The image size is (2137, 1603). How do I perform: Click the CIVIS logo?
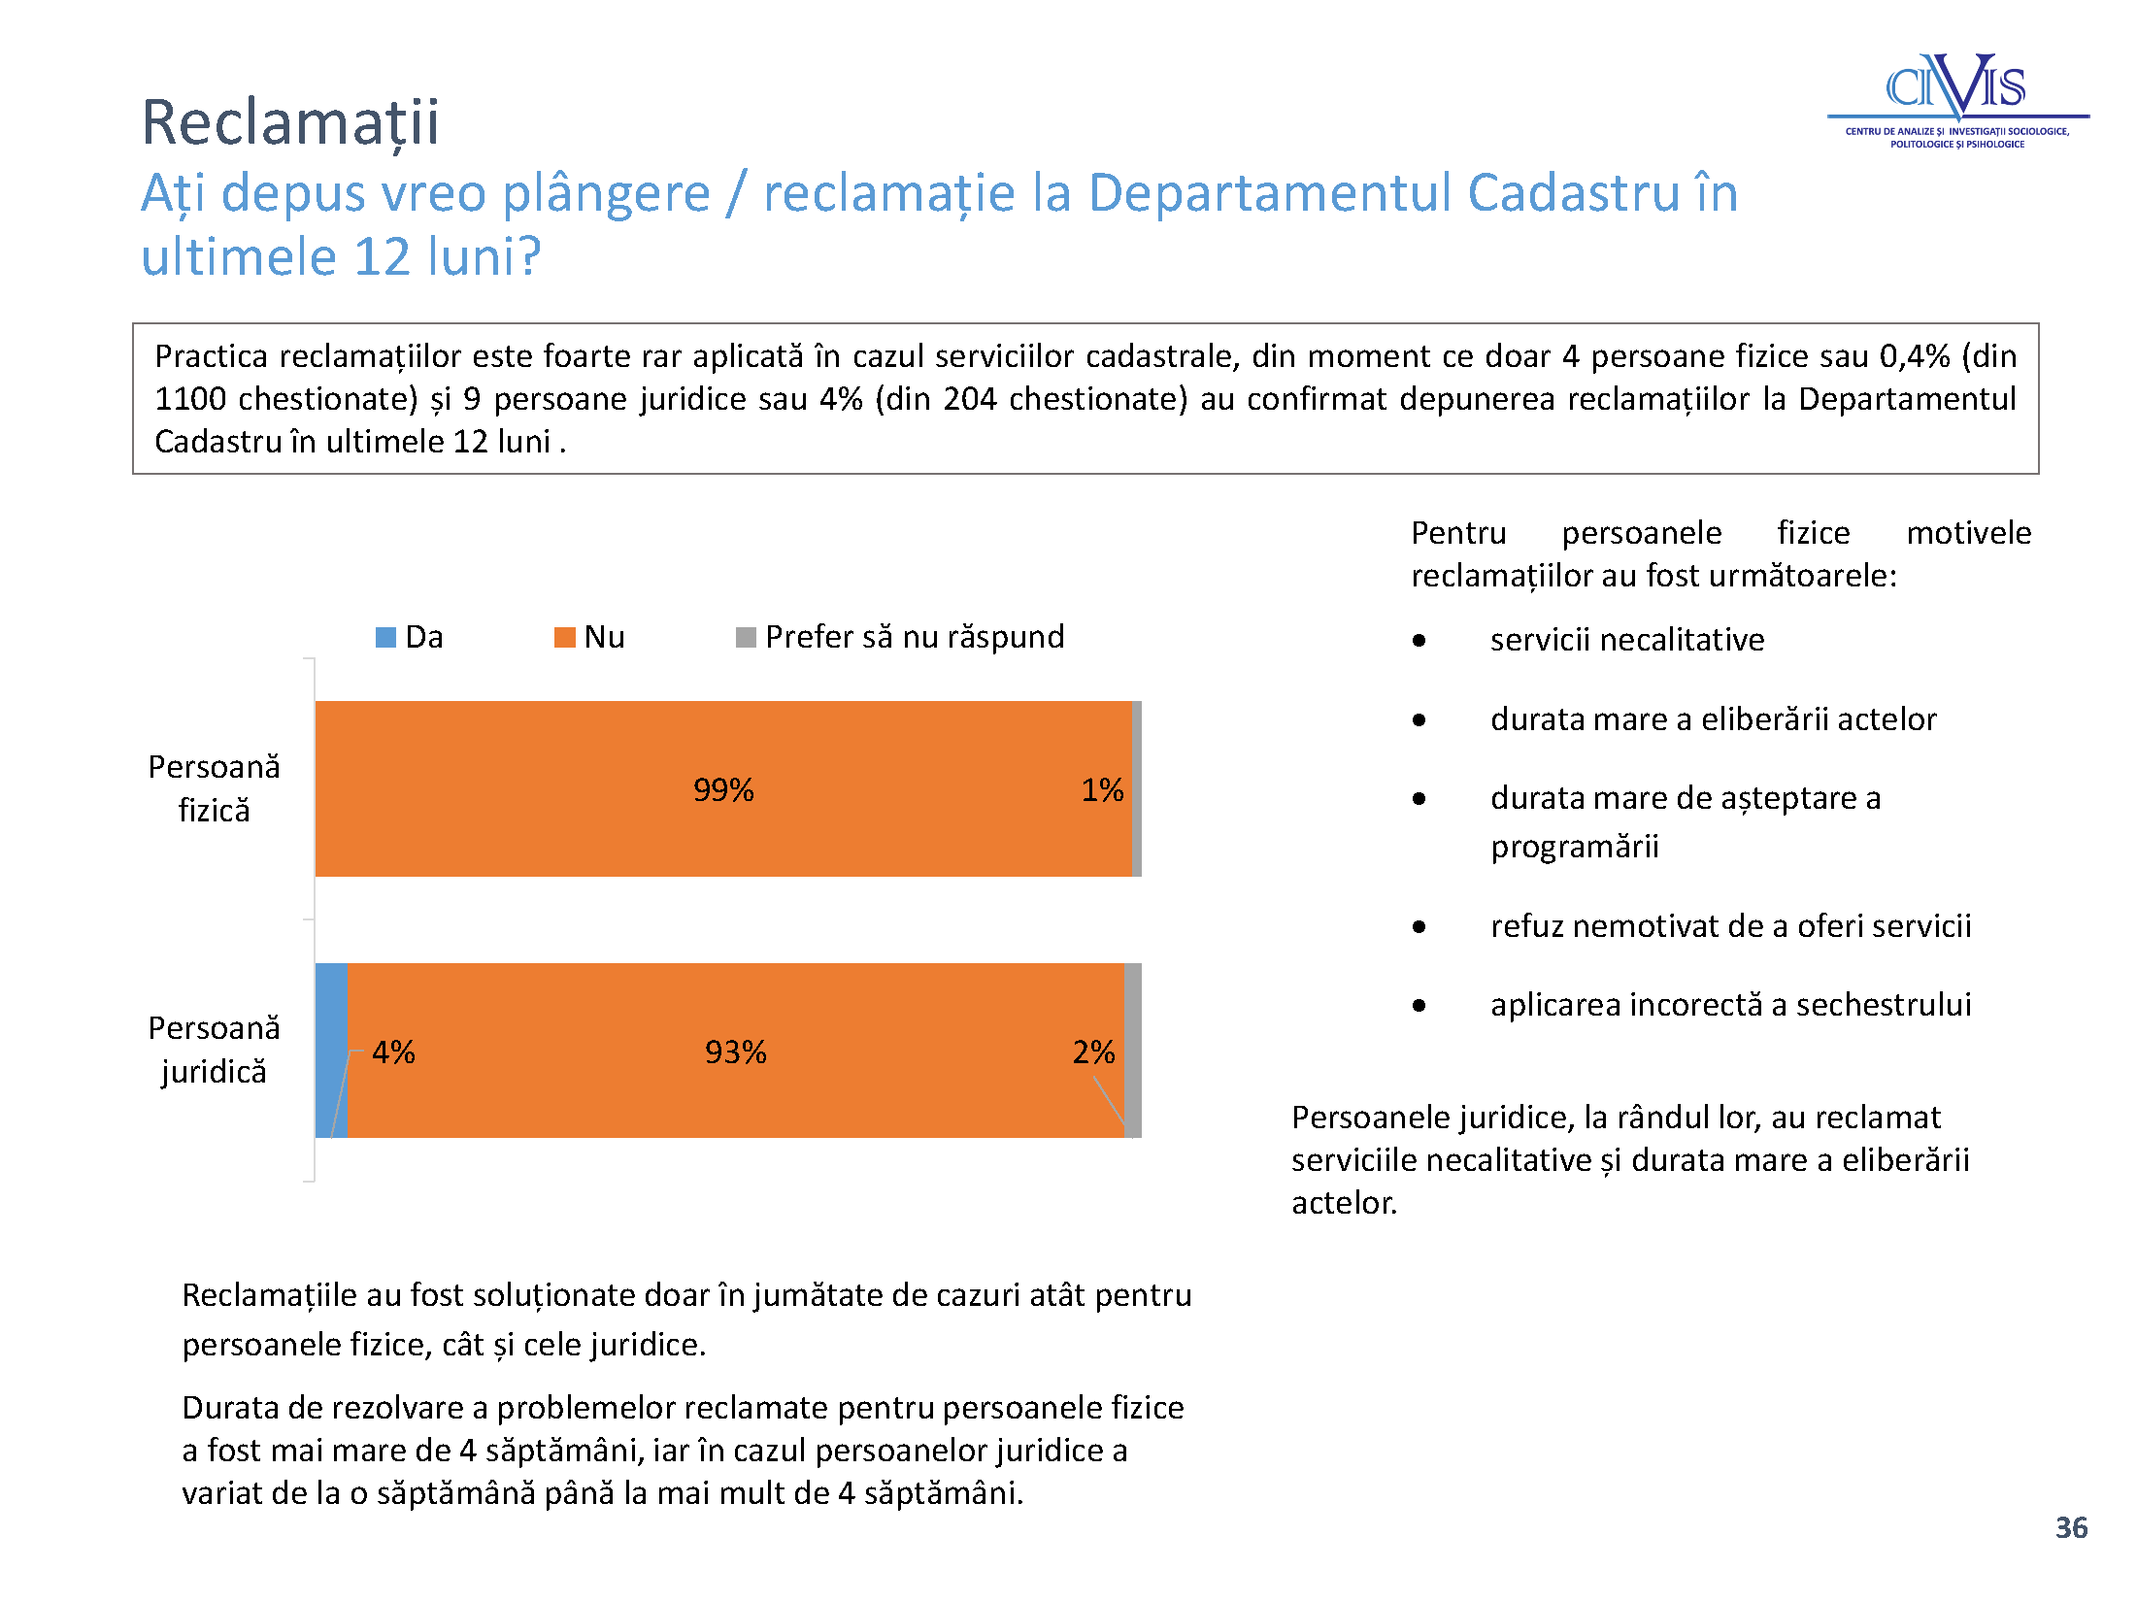tap(1957, 100)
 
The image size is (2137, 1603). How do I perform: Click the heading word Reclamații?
tap(290, 123)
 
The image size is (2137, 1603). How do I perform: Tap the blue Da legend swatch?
tap(385, 637)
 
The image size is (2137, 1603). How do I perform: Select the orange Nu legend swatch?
tap(564, 637)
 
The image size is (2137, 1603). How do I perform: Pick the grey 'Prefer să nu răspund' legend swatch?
tap(746, 637)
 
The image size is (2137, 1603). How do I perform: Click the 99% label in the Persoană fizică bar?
tap(723, 789)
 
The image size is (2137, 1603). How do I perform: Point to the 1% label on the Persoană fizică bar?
tap(1102, 789)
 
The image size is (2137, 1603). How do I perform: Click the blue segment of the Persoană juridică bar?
tap(331, 1050)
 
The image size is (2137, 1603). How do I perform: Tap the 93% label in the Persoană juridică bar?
tap(735, 1052)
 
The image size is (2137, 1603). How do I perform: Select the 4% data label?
tap(393, 1052)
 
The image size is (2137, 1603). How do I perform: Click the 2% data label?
tap(1093, 1052)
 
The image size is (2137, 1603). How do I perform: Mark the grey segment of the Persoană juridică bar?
tap(1132, 1050)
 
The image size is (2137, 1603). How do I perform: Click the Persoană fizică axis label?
tap(214, 787)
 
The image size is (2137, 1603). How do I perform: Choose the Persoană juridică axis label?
tap(214, 1049)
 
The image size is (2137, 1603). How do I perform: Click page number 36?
tap(2071, 1527)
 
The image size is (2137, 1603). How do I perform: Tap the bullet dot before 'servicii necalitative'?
tap(1419, 640)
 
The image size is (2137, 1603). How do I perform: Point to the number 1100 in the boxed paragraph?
tap(190, 398)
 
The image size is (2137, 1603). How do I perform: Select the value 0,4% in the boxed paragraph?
tap(1915, 355)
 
